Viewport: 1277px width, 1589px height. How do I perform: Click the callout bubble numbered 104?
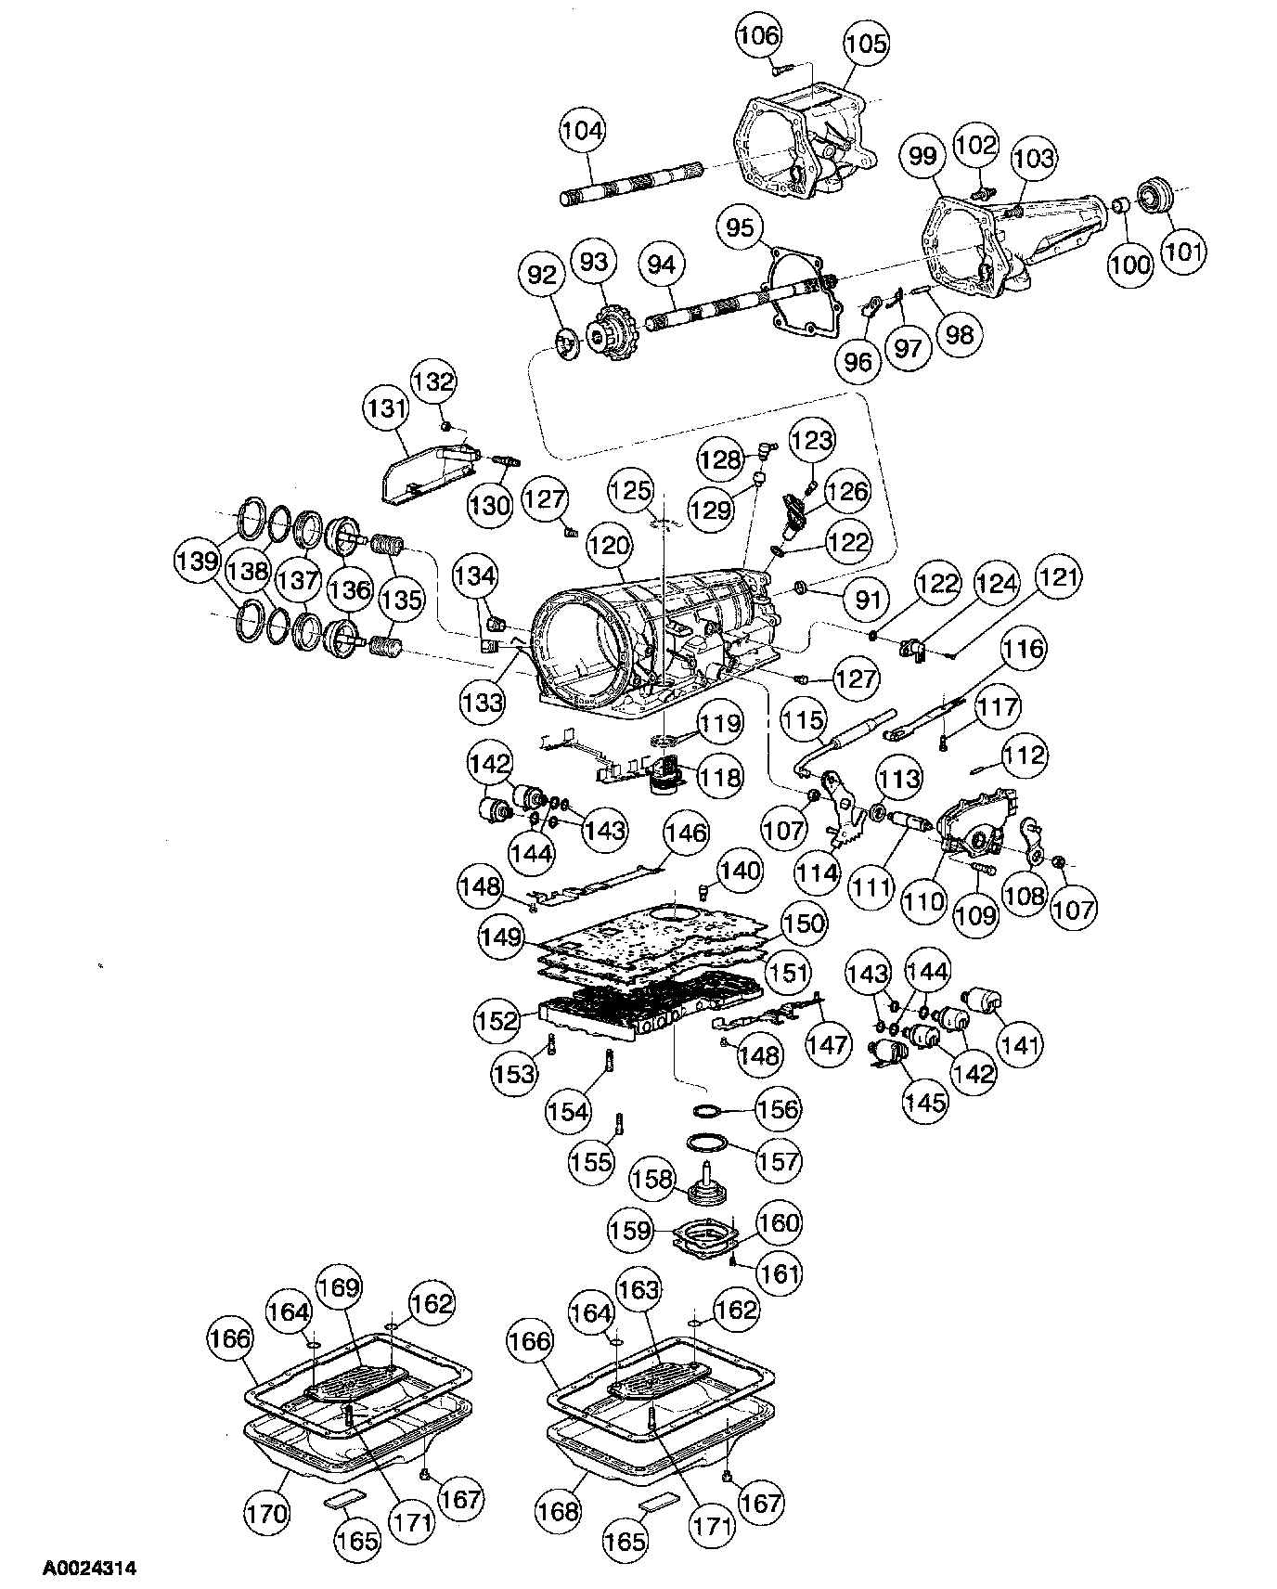(x=582, y=131)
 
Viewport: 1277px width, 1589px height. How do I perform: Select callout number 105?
(x=866, y=44)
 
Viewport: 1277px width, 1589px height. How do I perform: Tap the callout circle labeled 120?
(x=609, y=547)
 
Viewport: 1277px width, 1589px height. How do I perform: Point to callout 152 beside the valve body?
(x=497, y=1021)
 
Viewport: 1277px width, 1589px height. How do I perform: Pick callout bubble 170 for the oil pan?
(x=267, y=1514)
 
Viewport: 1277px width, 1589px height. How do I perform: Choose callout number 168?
(x=559, y=1510)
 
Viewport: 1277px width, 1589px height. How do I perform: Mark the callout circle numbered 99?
(x=922, y=156)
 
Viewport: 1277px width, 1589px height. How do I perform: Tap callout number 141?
(x=1021, y=1045)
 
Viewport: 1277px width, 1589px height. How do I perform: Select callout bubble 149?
(x=502, y=937)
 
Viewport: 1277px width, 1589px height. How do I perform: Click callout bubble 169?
(x=337, y=1287)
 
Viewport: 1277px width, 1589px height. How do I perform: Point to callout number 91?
(x=866, y=600)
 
